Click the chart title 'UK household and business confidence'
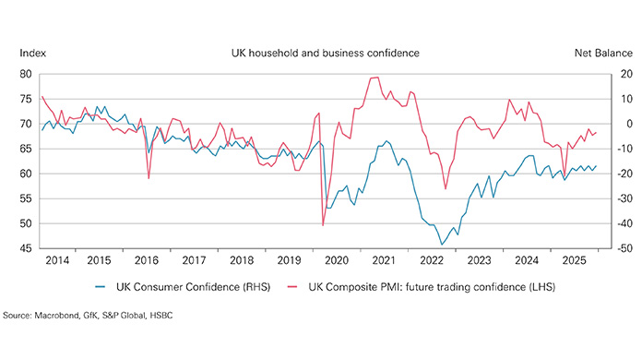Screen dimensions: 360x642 (325, 54)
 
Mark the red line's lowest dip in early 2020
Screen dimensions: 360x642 (323, 225)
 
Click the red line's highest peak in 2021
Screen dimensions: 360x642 (376, 78)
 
